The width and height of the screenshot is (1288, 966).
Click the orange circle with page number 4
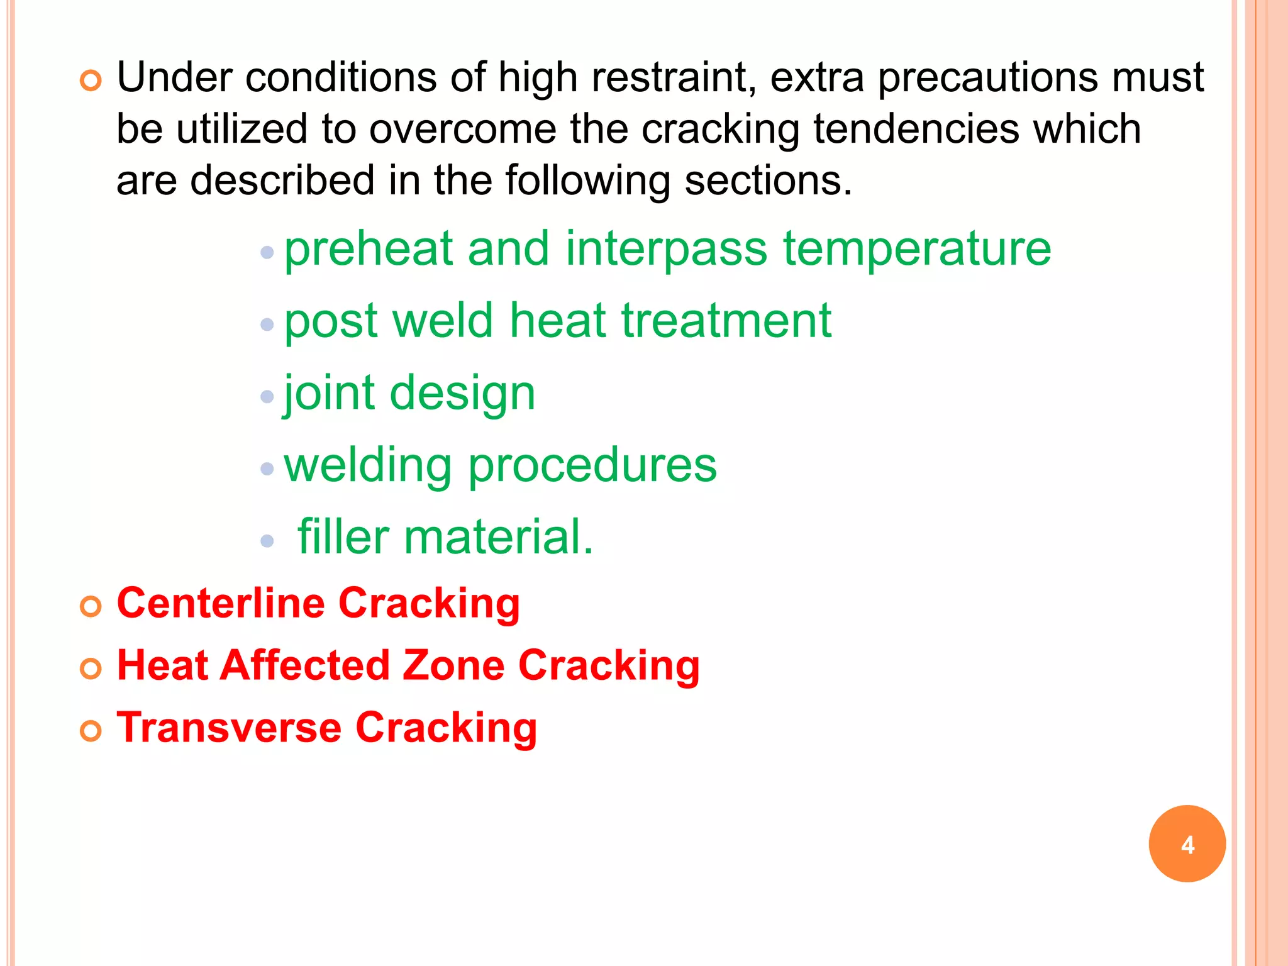tap(1187, 843)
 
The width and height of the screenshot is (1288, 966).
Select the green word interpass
tap(666, 249)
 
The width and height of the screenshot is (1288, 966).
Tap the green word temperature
tap(917, 249)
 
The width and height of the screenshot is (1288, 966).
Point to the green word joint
tap(330, 393)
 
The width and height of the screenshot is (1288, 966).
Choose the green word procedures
tap(592, 466)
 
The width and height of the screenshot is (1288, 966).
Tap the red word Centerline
tap(221, 603)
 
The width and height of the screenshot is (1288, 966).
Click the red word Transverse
tap(229, 728)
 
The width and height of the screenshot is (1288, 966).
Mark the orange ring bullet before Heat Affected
tap(91, 669)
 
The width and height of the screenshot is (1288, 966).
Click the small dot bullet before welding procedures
tap(267, 469)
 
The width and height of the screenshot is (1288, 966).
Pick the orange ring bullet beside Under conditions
tap(91, 81)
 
